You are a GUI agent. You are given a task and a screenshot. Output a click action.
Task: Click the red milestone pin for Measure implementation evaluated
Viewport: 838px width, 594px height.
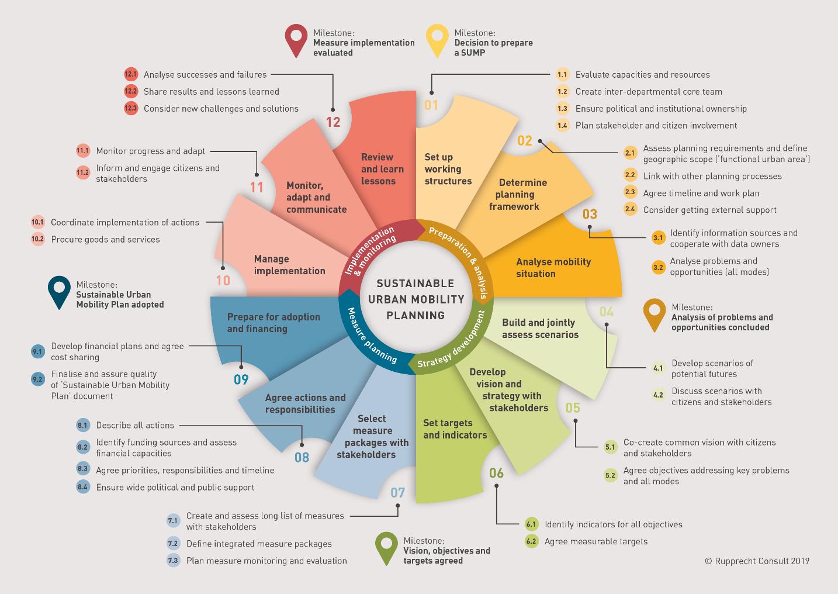tap(296, 39)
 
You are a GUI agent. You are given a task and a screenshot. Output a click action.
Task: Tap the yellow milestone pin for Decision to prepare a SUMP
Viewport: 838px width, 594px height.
tap(437, 39)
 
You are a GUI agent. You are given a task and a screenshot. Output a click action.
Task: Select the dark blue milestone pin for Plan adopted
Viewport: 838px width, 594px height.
tap(59, 291)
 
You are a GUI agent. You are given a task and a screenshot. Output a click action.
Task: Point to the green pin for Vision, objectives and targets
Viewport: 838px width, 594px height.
tap(387, 547)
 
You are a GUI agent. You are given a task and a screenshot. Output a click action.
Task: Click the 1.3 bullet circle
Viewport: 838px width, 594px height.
tap(562, 109)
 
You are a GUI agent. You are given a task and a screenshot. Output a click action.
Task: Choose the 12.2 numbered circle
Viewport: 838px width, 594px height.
tap(131, 92)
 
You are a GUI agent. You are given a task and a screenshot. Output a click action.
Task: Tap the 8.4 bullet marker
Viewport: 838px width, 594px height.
tap(83, 487)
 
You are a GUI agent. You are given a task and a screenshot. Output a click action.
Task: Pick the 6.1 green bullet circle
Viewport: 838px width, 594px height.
tap(531, 524)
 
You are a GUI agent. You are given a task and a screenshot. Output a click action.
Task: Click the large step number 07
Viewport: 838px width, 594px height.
tap(397, 492)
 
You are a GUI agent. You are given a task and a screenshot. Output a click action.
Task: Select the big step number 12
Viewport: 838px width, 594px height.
tap(333, 122)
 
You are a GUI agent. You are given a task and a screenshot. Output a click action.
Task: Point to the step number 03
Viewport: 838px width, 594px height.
tap(590, 214)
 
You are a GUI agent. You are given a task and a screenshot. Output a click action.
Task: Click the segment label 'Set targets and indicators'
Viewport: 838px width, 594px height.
tap(455, 429)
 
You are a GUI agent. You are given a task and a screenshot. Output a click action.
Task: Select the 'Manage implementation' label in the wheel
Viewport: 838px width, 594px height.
tap(289, 265)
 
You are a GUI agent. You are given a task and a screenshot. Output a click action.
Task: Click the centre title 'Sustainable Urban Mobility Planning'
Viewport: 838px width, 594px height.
tap(415, 299)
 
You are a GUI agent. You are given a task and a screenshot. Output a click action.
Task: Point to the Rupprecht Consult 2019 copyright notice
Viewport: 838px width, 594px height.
tap(757, 561)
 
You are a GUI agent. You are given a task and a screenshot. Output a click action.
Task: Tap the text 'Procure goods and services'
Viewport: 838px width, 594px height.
tap(105, 239)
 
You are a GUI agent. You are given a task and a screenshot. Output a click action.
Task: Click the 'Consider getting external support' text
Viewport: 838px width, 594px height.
tap(709, 210)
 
